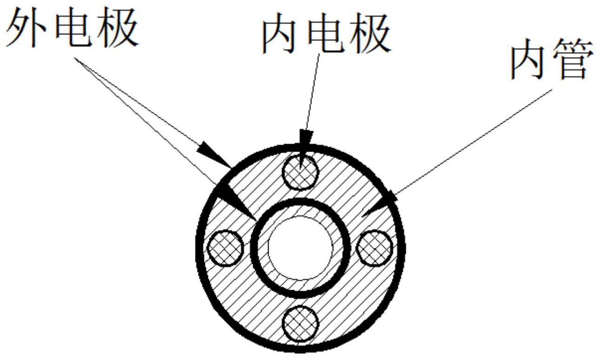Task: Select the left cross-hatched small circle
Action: [225, 247]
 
